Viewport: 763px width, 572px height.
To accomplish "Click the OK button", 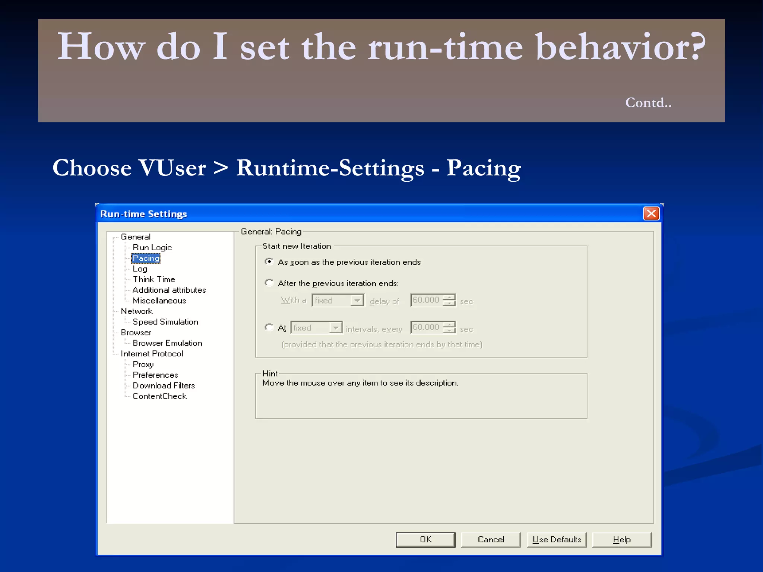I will click(425, 540).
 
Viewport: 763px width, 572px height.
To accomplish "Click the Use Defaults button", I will click(557, 540).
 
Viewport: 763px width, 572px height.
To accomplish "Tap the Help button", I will click(621, 540).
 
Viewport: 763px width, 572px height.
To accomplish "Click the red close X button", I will click(651, 214).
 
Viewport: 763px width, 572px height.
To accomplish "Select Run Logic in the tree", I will click(152, 248).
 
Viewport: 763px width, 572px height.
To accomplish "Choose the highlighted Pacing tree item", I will click(146, 258).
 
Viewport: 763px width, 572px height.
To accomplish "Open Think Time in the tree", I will click(154, 279).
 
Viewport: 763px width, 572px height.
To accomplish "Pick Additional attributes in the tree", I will click(169, 290).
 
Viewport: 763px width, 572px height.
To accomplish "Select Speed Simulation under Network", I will click(165, 322).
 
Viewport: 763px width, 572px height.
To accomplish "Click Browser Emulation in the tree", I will click(167, 343).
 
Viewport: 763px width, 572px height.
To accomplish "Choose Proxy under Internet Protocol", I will click(143, 364).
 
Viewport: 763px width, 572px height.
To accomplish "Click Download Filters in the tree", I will click(164, 385).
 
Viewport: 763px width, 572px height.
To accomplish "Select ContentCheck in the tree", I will click(159, 396).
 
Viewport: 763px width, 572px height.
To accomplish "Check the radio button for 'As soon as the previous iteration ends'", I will click(269, 262).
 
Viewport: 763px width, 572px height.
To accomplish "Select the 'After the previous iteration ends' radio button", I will click(269, 283).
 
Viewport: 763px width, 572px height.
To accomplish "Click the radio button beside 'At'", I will click(269, 327).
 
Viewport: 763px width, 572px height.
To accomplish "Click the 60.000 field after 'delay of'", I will click(426, 300).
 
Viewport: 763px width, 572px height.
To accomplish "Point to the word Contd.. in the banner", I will click(648, 102).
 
